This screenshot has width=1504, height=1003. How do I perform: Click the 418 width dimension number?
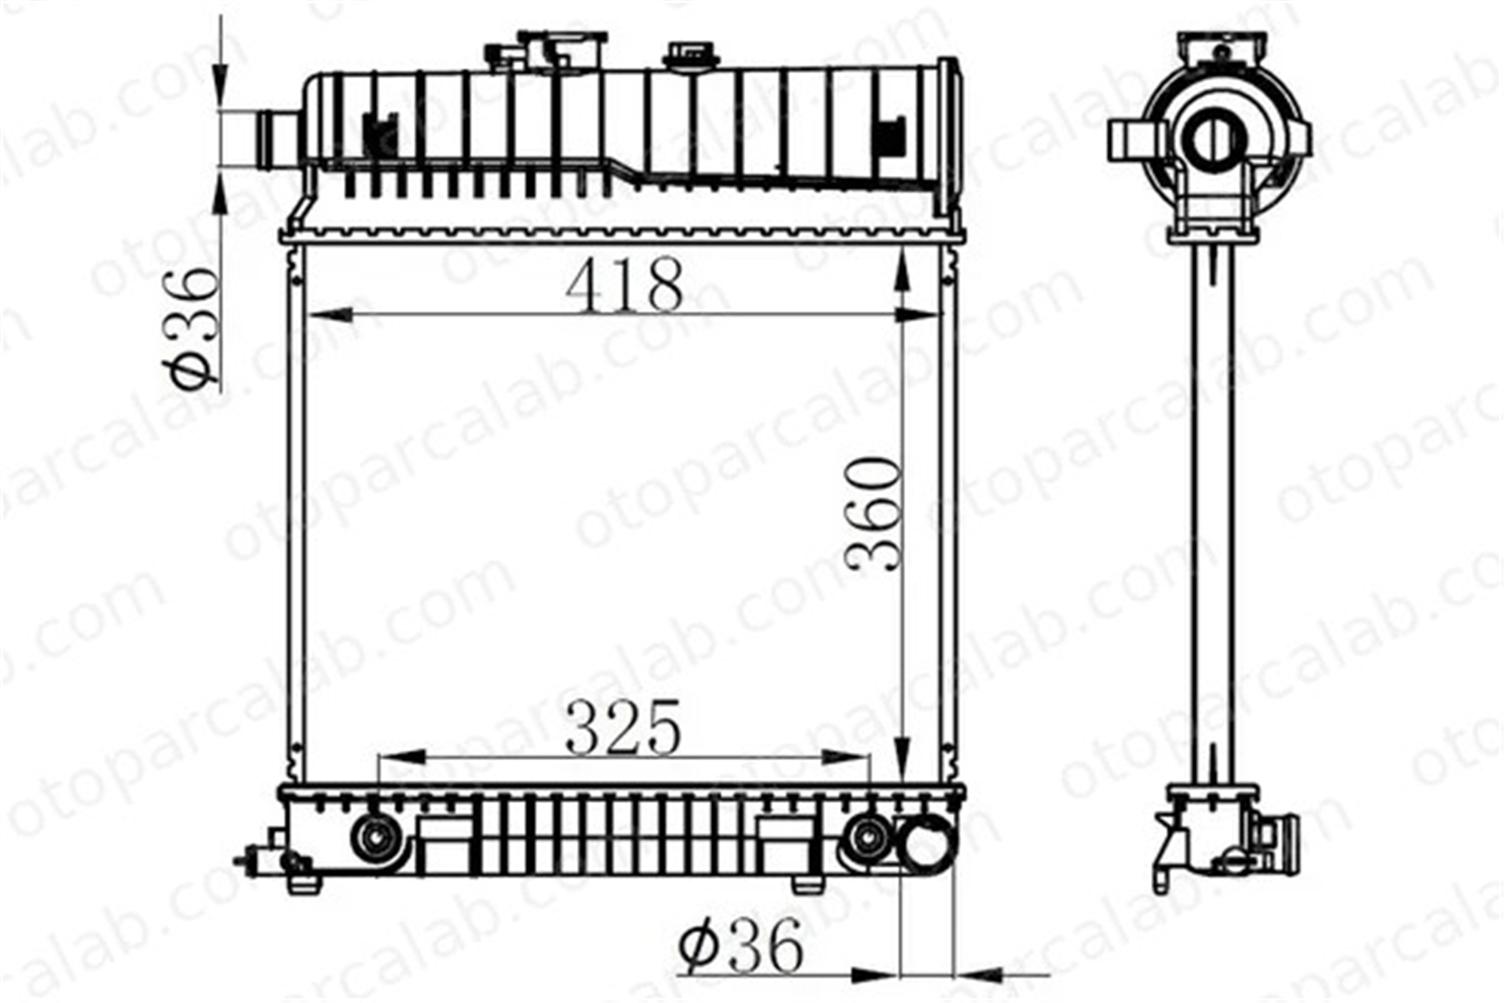tap(625, 285)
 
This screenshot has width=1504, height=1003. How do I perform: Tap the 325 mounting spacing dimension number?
tap(623, 728)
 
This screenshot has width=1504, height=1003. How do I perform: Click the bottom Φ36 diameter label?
tap(741, 946)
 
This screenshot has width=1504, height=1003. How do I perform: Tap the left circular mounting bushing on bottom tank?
tap(374, 837)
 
